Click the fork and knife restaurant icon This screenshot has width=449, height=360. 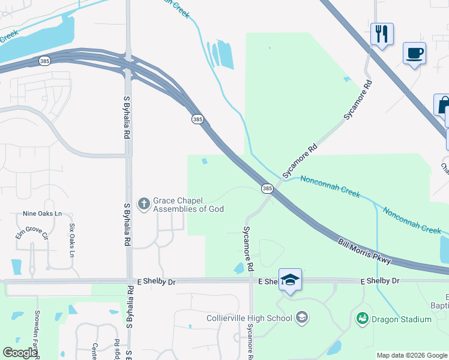(x=382, y=34)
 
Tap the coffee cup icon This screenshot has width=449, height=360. (x=414, y=53)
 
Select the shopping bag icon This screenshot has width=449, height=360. (x=442, y=105)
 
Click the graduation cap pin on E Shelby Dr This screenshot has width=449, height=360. (x=290, y=280)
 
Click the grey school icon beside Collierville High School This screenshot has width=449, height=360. (x=302, y=317)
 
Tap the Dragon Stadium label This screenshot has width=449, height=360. (x=402, y=319)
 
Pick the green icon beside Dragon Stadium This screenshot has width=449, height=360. (x=362, y=318)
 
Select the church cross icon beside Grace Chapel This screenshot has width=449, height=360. (x=143, y=205)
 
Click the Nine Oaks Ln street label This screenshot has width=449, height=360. (x=42, y=213)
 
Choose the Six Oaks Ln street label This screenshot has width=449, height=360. (x=72, y=238)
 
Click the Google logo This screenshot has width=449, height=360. (x=20, y=353)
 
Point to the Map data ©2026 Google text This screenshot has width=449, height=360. (x=412, y=355)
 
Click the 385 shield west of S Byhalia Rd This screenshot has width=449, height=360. (x=44, y=61)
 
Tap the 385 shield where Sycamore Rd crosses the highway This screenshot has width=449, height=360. (x=267, y=189)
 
